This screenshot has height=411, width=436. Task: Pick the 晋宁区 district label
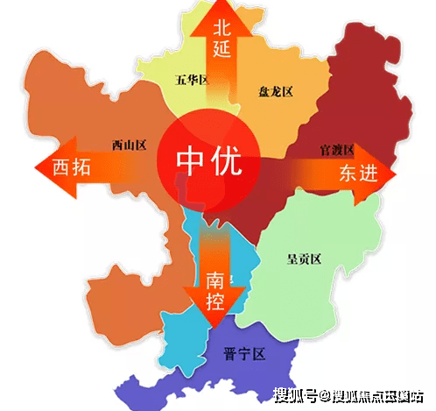tap(246, 355)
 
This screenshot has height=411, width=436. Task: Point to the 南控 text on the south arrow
tap(214, 292)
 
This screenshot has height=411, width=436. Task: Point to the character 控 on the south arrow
tap(214, 302)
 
